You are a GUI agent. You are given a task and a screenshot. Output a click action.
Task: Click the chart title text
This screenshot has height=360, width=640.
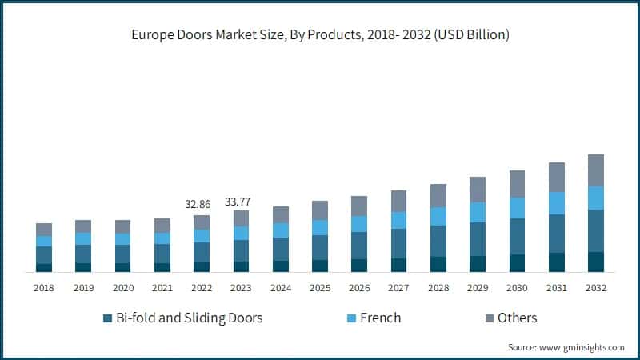click(x=320, y=35)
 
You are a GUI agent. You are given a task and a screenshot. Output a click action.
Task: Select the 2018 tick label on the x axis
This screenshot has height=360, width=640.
click(x=44, y=287)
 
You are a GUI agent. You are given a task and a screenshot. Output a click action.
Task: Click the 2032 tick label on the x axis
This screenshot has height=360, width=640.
click(x=596, y=287)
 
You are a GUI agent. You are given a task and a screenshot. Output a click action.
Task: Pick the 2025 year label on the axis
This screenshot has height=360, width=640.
click(x=320, y=287)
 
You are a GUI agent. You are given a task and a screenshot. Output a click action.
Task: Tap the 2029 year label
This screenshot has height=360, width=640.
click(x=478, y=287)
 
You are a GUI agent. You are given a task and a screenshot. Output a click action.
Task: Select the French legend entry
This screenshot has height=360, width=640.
click(x=380, y=318)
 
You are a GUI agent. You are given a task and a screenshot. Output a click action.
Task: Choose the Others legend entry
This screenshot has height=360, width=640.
click(x=517, y=318)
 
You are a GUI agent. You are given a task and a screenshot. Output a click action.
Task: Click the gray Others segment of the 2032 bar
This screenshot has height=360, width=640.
click(x=596, y=170)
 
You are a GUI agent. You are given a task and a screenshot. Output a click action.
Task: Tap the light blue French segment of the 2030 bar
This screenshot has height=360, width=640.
click(x=517, y=208)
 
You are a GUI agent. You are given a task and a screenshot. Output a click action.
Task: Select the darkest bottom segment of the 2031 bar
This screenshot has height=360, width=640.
click(x=557, y=262)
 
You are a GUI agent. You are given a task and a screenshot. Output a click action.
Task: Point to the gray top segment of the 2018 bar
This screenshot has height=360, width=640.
click(x=44, y=230)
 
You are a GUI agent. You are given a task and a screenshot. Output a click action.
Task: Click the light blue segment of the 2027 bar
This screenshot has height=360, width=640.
click(x=398, y=220)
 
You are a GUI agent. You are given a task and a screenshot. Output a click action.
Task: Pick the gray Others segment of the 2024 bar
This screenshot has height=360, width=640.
click(x=281, y=214)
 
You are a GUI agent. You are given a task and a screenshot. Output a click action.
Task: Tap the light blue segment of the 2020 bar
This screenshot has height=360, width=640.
click(x=123, y=239)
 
